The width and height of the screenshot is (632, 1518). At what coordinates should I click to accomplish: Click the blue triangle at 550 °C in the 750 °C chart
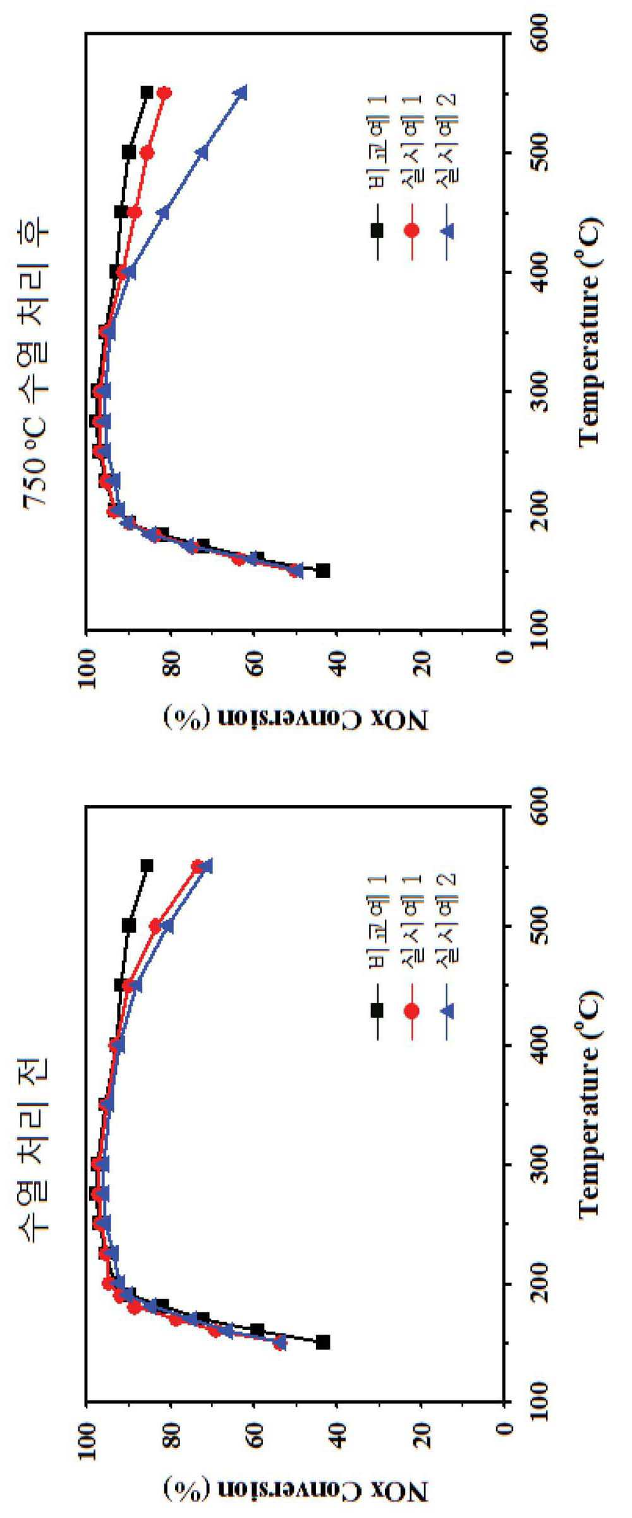(x=241, y=92)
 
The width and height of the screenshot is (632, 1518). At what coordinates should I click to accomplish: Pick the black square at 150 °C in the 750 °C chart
(x=323, y=571)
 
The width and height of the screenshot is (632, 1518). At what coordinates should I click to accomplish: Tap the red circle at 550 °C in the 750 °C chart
(x=164, y=93)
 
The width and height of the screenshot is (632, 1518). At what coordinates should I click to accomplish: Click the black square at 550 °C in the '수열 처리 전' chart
(x=147, y=866)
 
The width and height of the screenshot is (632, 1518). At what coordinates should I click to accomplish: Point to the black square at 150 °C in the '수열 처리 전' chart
(x=323, y=1342)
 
